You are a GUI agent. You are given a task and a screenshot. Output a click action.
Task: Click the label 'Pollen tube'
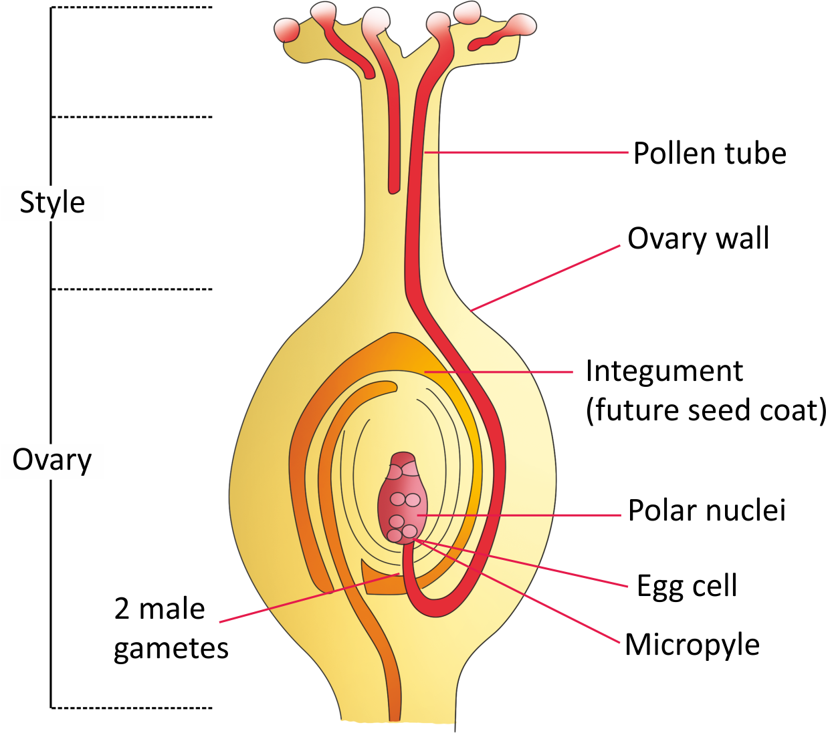[x=710, y=154]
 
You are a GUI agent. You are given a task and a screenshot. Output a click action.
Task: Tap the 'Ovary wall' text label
[x=698, y=239]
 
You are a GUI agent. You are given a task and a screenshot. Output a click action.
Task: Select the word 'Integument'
[x=663, y=371]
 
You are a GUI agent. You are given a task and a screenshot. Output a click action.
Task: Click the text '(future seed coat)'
[x=706, y=410]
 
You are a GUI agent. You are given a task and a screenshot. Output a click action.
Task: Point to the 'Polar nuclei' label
[x=706, y=510]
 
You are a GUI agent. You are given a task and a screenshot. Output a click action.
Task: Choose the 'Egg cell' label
[x=687, y=586]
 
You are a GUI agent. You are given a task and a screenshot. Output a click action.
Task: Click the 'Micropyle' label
[x=692, y=645]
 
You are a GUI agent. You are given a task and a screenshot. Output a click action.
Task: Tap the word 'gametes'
[x=171, y=649]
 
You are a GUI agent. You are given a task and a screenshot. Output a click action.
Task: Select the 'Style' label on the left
[x=52, y=202]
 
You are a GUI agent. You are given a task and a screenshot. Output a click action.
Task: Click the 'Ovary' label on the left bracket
[x=52, y=460]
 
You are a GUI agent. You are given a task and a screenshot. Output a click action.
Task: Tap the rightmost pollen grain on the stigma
[x=521, y=25]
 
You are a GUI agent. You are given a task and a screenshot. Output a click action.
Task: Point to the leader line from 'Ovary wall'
[x=545, y=278]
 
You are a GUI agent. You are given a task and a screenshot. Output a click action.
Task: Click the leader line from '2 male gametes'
[x=308, y=598]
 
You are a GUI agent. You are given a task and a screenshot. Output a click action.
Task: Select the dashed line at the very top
[x=132, y=7]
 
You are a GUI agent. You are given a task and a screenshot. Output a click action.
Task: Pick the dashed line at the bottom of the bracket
[x=132, y=707]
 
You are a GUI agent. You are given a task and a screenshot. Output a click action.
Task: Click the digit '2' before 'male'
[x=122, y=609]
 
